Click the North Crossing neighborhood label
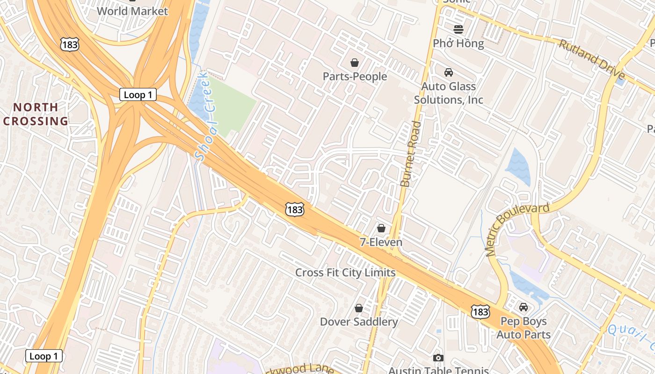pyautogui.click(x=36, y=114)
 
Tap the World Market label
pyautogui.click(x=132, y=11)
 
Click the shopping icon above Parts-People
pyautogui.click(x=355, y=63)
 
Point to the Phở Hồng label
pyautogui.click(x=458, y=43)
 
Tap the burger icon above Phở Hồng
pyautogui.click(x=458, y=29)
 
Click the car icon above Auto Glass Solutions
pyautogui.click(x=448, y=72)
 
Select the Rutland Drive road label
pyautogui.click(x=591, y=59)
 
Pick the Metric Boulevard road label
pyautogui.click(x=517, y=229)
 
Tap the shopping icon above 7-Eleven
pyautogui.click(x=381, y=228)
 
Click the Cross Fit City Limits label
pyautogui.click(x=345, y=273)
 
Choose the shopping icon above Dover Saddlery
pyautogui.click(x=359, y=308)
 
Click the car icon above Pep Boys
pyautogui.click(x=524, y=307)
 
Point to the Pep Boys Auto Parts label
pyautogui.click(x=524, y=328)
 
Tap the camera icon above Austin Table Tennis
pyautogui.click(x=438, y=358)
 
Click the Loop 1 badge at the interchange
pyautogui.click(x=138, y=95)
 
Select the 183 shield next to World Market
pyautogui.click(x=69, y=45)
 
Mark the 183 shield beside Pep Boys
pyautogui.click(x=480, y=311)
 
